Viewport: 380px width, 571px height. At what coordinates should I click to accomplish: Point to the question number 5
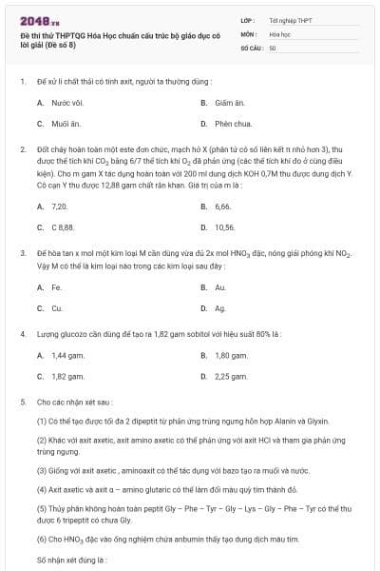(22, 403)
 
